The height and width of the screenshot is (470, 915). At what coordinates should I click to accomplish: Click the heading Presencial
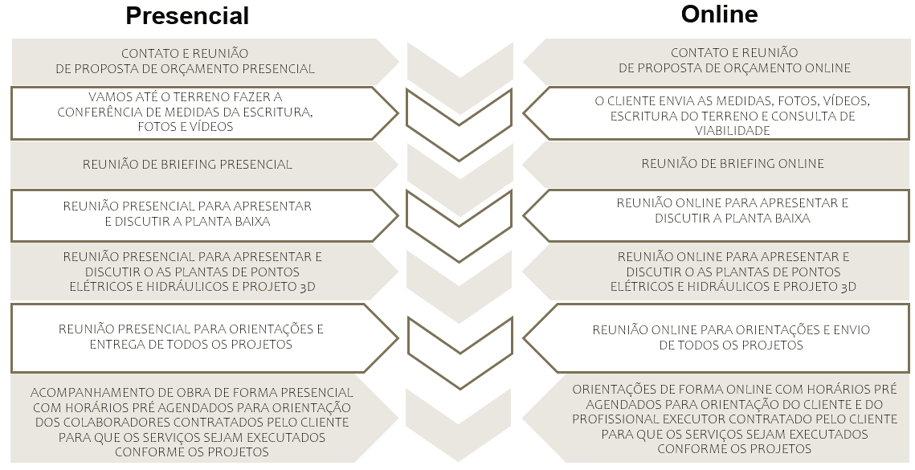[187, 15]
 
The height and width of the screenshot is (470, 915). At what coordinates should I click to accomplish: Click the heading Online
[719, 14]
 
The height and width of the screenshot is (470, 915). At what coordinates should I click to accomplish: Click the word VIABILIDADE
[732, 129]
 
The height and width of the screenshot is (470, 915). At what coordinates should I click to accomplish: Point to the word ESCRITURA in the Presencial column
[276, 112]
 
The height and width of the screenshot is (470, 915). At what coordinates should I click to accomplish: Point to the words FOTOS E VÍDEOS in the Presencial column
[186, 127]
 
